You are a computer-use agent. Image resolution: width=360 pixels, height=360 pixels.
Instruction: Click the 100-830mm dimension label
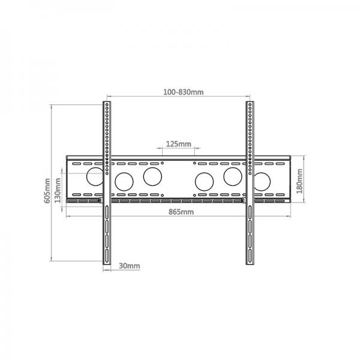[183, 92]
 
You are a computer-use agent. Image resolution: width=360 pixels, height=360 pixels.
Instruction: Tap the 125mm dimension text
[178, 144]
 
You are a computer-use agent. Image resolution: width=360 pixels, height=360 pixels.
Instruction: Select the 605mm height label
[47, 191]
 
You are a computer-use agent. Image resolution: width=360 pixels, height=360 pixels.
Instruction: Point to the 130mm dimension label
[58, 190]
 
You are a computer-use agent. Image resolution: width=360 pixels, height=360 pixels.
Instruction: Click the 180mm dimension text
[299, 181]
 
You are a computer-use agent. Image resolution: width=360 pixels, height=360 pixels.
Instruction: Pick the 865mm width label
[181, 212]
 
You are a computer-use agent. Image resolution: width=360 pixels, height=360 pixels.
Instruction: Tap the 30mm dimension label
[129, 266]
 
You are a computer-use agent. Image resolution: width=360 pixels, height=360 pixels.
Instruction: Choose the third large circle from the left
[152, 176]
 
